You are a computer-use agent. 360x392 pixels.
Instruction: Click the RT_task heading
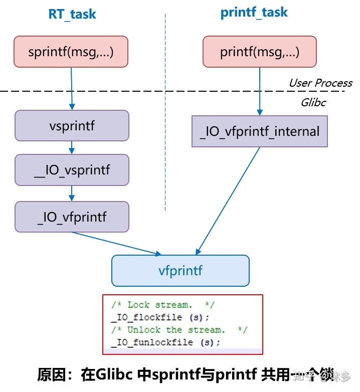point(72,14)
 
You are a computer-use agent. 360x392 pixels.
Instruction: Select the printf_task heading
point(254,13)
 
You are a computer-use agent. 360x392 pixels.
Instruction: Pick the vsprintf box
point(72,126)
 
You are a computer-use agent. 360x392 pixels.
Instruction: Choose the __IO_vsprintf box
point(72,170)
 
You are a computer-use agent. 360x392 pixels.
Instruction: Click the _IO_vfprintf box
point(72,217)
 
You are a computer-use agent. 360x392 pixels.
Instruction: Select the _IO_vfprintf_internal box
point(260,131)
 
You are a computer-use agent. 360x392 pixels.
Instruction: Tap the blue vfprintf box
point(181,271)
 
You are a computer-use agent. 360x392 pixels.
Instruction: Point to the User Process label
point(320,83)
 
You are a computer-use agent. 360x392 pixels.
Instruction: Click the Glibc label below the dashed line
point(313,102)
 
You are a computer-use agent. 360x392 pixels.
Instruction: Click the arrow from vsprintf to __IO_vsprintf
point(72,147)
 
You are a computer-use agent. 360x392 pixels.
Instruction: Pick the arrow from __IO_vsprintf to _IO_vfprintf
point(72,193)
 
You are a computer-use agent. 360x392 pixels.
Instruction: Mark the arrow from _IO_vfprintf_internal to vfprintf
point(229,201)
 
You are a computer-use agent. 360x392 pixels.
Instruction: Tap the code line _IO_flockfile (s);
point(160,317)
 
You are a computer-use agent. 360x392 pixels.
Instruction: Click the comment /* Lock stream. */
point(163,305)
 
